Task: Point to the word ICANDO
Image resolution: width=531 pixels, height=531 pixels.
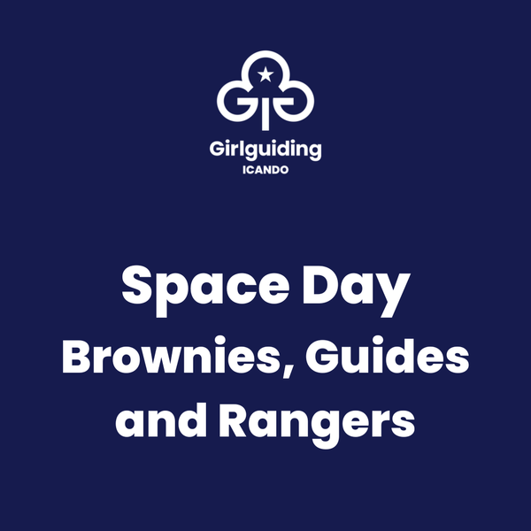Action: [x=265, y=170]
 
